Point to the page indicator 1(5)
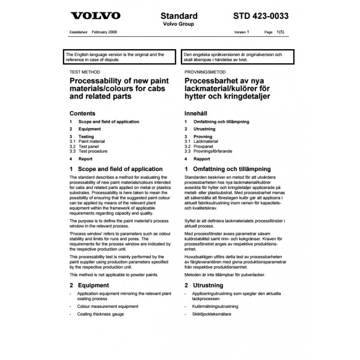[x=282, y=33]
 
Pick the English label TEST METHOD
[x=85, y=72]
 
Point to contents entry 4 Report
[x=82, y=159]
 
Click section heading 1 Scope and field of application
[x=116, y=169]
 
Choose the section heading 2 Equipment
[x=90, y=285]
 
